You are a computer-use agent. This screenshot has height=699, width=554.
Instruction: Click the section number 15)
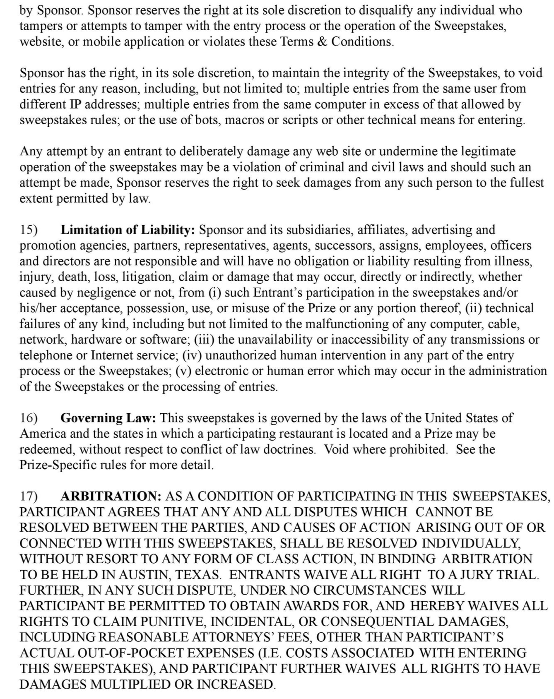(29, 230)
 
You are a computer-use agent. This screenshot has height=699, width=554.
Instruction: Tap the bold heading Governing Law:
(108, 418)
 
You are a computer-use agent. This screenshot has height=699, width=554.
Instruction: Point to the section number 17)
(29, 496)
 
